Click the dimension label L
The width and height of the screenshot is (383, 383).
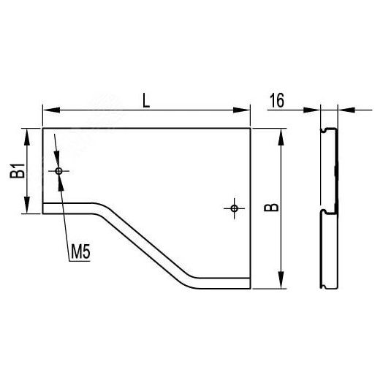click(x=146, y=102)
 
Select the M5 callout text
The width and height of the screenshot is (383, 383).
click(x=80, y=254)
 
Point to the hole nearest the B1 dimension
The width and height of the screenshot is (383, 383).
click(x=58, y=170)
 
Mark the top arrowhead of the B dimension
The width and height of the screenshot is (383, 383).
click(x=281, y=134)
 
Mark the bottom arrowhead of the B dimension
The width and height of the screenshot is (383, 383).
click(x=281, y=284)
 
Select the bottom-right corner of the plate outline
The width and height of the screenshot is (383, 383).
click(x=251, y=289)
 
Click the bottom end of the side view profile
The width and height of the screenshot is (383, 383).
click(x=328, y=287)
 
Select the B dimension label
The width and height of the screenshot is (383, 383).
click(x=271, y=208)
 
